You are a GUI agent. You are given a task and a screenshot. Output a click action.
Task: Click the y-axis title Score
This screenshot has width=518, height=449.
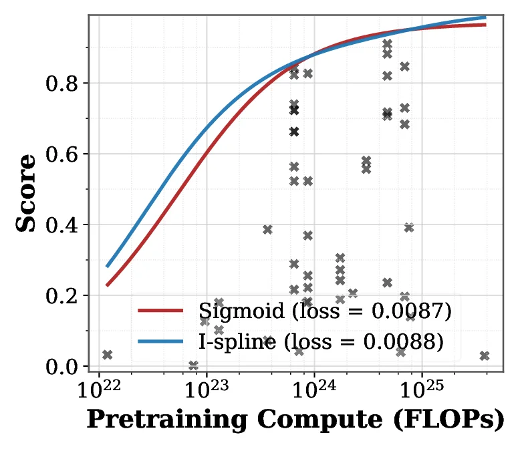[27, 193]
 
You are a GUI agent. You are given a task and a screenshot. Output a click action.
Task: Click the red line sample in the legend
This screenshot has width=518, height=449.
[160, 311]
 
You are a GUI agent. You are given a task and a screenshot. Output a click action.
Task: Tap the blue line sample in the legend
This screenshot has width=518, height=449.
[160, 341]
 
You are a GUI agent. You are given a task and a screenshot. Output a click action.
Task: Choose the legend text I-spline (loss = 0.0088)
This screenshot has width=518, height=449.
[321, 341]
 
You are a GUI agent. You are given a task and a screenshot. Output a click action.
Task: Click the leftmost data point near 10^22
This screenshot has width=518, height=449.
[107, 355]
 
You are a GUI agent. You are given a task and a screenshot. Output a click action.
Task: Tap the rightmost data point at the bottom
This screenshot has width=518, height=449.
[485, 356]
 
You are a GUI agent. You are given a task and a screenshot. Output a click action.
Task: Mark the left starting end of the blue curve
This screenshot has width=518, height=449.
[108, 265]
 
